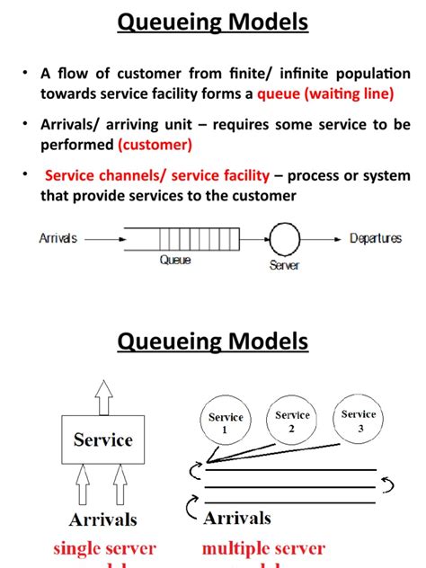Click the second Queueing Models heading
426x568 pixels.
point(213,342)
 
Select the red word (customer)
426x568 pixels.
point(154,144)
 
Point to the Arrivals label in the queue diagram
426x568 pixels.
point(58,238)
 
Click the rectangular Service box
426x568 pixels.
point(102,440)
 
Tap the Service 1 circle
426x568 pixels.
point(226,423)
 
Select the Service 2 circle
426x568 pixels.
point(293,422)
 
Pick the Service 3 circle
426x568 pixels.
point(359,420)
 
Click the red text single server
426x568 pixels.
point(104,548)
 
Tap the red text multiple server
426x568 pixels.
point(262,548)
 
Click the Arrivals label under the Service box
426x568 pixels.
point(104,519)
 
